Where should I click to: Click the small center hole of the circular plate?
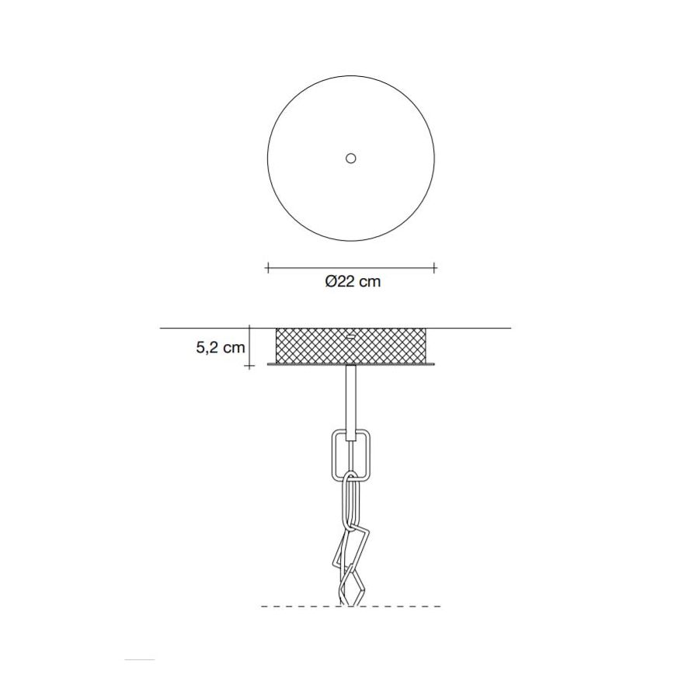click(351, 158)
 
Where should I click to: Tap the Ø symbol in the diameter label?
click(331, 282)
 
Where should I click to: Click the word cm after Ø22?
click(370, 282)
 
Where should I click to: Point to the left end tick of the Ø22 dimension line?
click(267, 267)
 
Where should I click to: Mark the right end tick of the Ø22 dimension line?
click(435, 267)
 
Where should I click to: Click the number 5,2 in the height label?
click(207, 348)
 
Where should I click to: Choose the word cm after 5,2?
click(235, 348)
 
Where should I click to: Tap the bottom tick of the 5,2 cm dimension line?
click(249, 366)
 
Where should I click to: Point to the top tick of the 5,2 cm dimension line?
click(249, 328)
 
